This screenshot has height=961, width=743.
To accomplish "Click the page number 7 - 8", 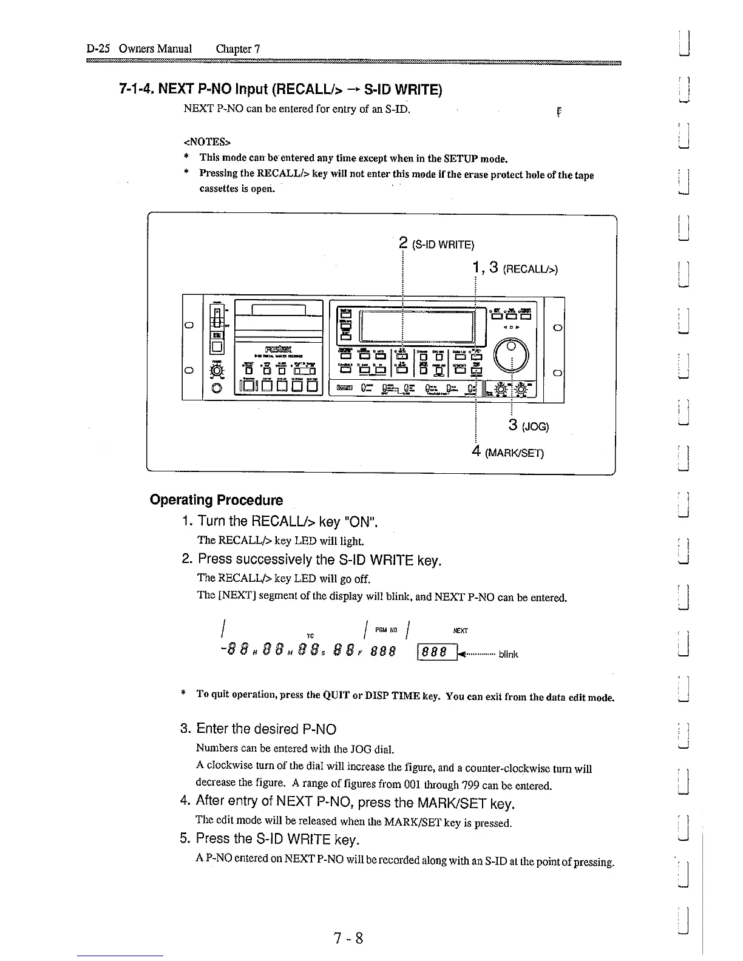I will (x=348, y=939).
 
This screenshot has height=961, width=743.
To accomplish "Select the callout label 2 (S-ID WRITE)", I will (x=437, y=244).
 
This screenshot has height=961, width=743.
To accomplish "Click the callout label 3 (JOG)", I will (x=529, y=426).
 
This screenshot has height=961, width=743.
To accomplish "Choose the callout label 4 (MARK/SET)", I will (x=508, y=453).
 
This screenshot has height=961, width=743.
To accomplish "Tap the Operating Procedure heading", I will (x=216, y=501).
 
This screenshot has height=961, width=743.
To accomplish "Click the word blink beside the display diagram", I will (x=508, y=655).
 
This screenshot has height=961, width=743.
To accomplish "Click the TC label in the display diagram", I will (x=310, y=635).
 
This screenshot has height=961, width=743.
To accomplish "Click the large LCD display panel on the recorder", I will (x=416, y=327).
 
